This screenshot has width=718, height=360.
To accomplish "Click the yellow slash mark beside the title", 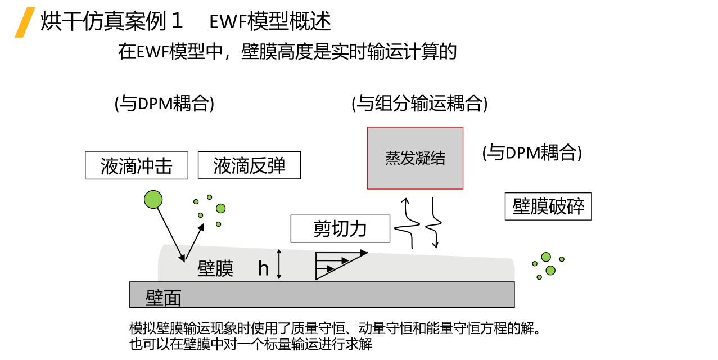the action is [x=25, y=22].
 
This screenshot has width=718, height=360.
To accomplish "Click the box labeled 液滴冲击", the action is [x=137, y=165].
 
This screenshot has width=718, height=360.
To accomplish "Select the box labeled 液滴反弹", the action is [x=250, y=165].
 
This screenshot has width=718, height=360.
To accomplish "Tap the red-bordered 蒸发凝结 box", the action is [x=415, y=158].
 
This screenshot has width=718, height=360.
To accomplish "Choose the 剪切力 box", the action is [x=340, y=228].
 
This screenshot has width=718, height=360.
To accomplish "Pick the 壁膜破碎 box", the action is [x=548, y=206].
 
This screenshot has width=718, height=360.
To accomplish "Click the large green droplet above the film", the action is [x=153, y=199].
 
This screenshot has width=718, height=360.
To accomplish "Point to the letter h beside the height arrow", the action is [x=263, y=268].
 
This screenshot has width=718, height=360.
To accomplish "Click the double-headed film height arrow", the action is [x=279, y=264].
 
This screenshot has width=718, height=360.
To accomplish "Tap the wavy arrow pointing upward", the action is [x=407, y=223].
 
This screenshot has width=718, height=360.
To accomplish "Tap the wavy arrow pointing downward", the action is [x=433, y=223].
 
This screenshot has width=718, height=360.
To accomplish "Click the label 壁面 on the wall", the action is [x=164, y=298].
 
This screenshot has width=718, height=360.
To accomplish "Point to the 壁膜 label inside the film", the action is [x=215, y=268].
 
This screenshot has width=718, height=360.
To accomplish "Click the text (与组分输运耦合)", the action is [x=419, y=103].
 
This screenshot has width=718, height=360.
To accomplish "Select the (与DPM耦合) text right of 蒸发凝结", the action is [x=532, y=152].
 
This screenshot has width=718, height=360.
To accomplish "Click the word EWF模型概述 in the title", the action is [x=270, y=21].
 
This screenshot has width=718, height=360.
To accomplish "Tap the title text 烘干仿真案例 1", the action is [x=111, y=21].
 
